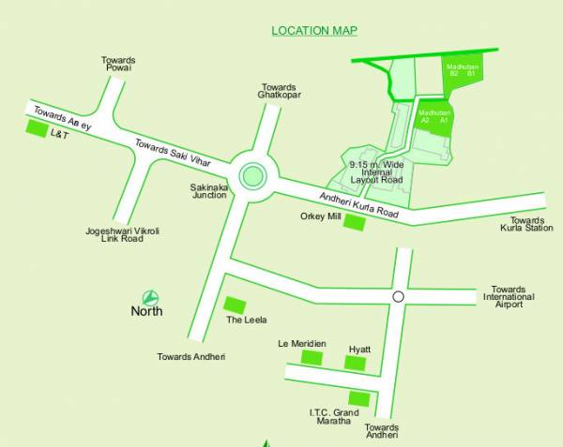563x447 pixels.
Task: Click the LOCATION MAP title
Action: point(314,31)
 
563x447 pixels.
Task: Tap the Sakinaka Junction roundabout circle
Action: point(251,174)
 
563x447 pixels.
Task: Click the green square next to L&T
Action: point(35,129)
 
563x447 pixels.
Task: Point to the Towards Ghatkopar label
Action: point(278,91)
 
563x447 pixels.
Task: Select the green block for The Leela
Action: point(235,305)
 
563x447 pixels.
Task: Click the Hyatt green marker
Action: point(355,363)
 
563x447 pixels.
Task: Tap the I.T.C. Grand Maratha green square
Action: point(358,399)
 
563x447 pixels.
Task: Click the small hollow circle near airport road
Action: point(398,296)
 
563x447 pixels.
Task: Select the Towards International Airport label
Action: point(509,297)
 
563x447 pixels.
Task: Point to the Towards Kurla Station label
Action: point(525,223)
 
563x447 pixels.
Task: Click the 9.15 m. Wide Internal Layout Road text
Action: point(374,171)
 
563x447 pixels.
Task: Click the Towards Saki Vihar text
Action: point(180,153)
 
